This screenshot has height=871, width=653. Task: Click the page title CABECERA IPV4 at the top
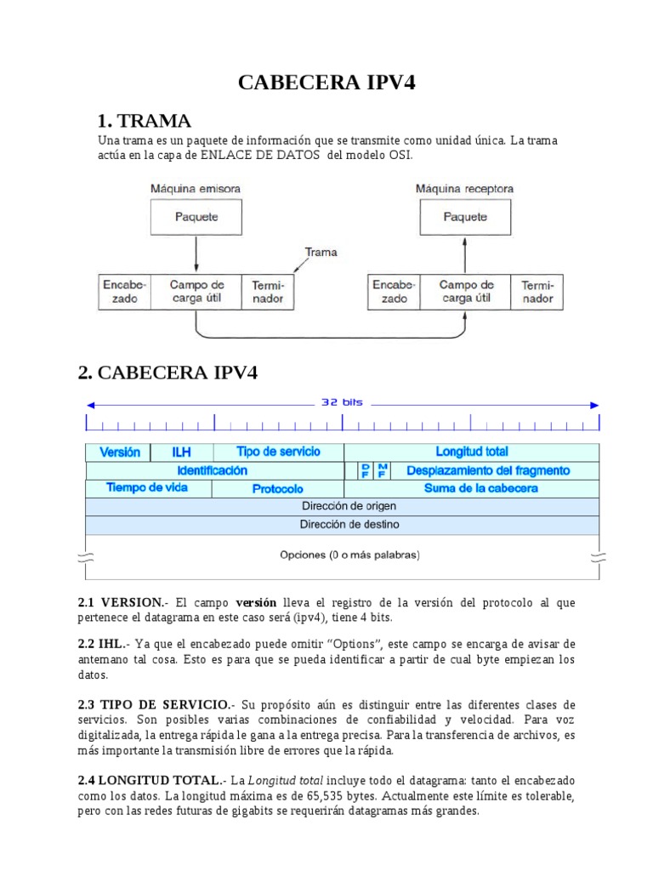326,83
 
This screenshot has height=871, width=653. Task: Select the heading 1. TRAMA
145,120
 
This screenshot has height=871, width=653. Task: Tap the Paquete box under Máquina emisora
196,217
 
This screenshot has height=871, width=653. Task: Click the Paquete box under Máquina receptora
465,217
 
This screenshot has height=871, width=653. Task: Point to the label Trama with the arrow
321,252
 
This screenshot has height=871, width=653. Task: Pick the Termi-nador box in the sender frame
268,292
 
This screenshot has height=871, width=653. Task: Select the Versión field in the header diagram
119,452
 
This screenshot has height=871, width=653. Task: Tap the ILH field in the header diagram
182,452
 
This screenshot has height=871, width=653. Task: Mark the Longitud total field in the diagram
472,452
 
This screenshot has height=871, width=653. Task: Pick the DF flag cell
365,470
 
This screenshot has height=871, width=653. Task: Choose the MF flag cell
383,470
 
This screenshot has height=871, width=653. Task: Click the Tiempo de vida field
148,488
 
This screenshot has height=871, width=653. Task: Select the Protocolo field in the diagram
278,489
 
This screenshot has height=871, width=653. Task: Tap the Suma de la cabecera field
480,488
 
